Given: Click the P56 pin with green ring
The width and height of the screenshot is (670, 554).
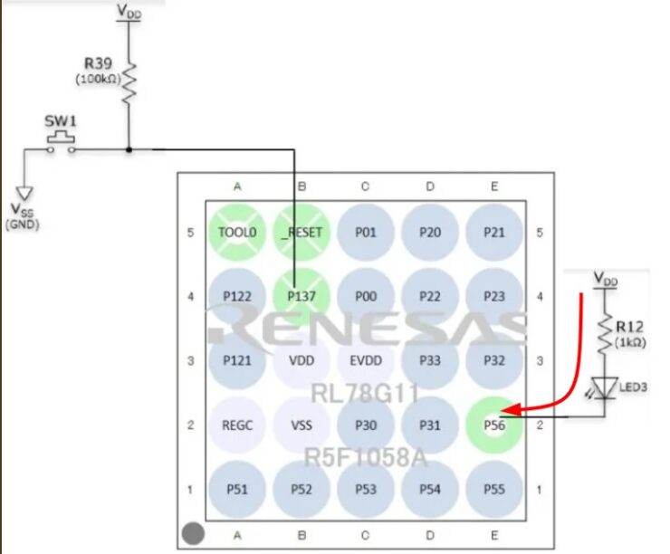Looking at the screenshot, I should (x=493, y=425).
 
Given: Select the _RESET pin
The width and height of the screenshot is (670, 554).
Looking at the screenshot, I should (x=301, y=231).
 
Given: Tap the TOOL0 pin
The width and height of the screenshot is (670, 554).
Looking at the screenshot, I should (x=237, y=231).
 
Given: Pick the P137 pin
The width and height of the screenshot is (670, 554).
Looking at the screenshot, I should (x=301, y=295).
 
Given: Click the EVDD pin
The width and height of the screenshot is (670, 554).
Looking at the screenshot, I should (x=365, y=359).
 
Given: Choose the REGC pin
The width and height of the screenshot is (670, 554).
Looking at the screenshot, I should (x=237, y=425).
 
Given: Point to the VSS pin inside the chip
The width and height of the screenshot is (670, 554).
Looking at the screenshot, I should (x=301, y=425).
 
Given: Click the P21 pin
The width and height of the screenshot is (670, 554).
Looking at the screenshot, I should (x=493, y=231).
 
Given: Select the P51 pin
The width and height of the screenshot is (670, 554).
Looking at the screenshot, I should (x=237, y=489).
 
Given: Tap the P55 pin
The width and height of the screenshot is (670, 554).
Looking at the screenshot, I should (x=493, y=489).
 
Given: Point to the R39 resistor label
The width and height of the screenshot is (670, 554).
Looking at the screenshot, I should (x=97, y=64).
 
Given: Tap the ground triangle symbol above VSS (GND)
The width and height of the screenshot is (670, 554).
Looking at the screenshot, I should (x=24, y=193).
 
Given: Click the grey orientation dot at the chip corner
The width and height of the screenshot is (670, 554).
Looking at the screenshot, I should (x=192, y=533).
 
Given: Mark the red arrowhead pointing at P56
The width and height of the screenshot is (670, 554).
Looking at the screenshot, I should (x=504, y=410).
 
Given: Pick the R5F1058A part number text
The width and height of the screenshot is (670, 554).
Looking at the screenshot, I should (x=365, y=458).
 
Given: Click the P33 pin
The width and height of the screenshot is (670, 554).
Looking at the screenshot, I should (x=430, y=359).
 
